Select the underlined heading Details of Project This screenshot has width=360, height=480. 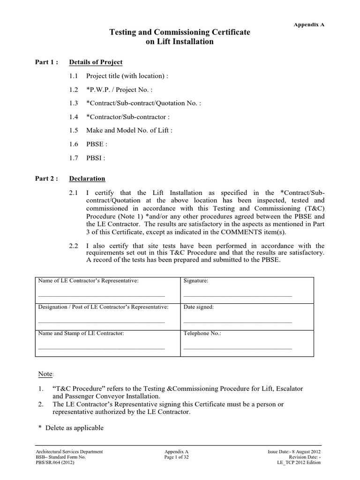pos(96,62)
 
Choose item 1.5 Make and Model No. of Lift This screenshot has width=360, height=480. pos(129,131)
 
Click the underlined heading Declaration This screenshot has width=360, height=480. pos(87,179)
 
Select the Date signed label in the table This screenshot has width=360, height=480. pos(198,307)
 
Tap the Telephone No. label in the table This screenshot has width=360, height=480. pos(202,333)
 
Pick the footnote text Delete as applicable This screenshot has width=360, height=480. pos(74,428)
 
